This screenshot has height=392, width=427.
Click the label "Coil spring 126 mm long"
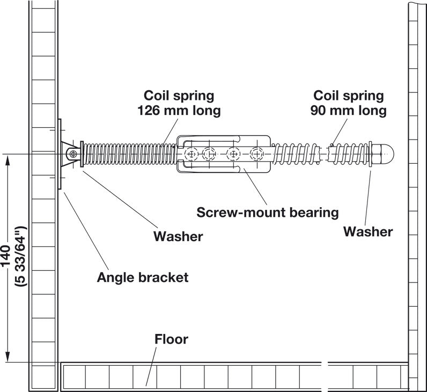point(179,103)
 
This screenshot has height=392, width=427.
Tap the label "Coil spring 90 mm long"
point(349,103)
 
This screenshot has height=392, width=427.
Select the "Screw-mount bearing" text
point(268,212)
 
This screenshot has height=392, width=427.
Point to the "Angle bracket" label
point(143,277)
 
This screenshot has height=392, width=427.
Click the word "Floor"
point(172,339)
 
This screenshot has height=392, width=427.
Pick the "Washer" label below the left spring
point(178,236)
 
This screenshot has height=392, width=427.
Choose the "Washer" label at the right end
point(368,231)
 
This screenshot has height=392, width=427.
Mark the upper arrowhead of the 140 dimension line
point(8,161)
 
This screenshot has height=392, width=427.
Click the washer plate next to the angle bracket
point(82,155)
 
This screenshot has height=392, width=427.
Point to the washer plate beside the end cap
point(371,154)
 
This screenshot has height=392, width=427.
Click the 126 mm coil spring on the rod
point(129,155)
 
